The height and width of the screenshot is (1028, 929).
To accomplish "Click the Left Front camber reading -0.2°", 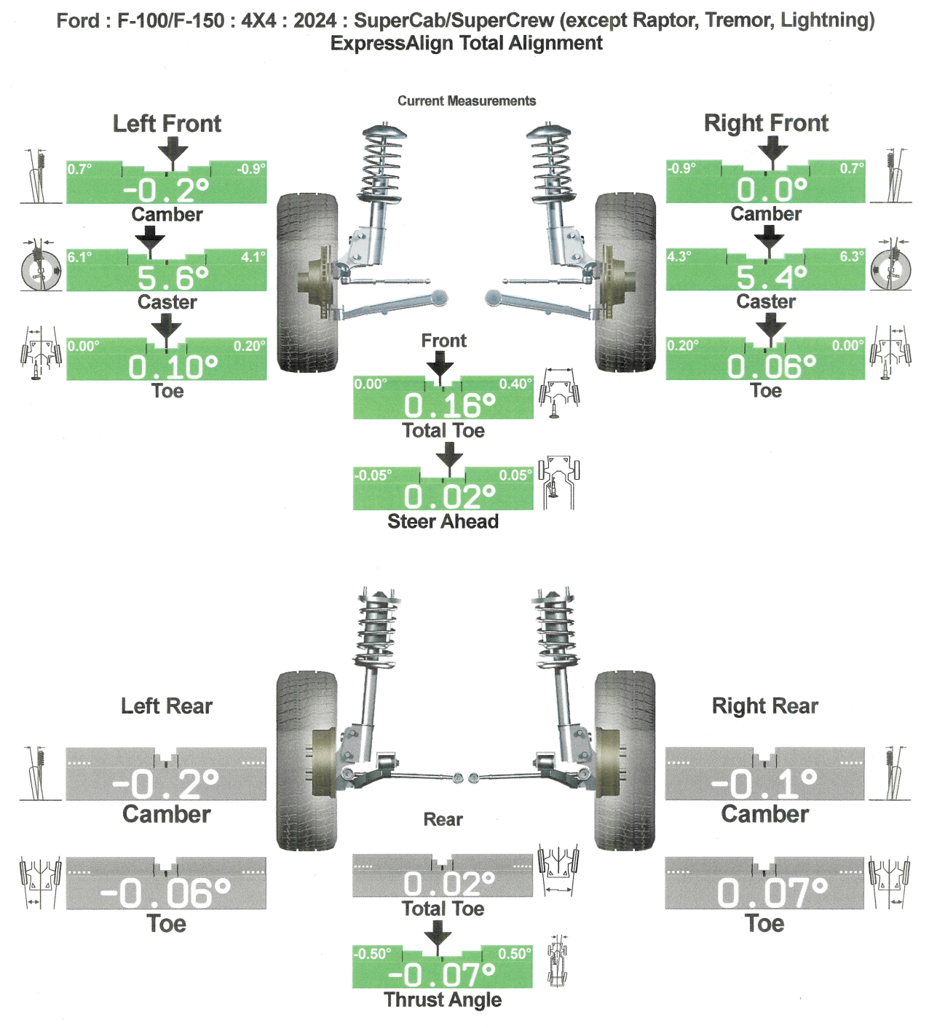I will [x=166, y=190].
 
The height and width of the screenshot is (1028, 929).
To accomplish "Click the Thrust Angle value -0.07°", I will [x=442, y=974].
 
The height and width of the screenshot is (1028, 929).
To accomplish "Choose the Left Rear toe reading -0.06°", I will [x=165, y=893].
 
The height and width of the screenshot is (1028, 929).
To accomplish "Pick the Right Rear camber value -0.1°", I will [x=764, y=783].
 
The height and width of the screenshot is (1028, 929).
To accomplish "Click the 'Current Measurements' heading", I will [x=466, y=101].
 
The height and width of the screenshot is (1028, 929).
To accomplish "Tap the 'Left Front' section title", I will [x=167, y=124].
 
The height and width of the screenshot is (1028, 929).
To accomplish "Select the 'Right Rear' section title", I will [x=764, y=706].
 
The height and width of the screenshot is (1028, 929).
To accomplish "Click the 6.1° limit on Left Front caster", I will [x=80, y=257].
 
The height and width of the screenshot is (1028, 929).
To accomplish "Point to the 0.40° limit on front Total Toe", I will [x=515, y=384].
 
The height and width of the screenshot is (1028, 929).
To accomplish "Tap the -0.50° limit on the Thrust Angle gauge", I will [x=372, y=954].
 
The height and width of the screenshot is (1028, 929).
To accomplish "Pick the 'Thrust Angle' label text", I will [x=443, y=1000].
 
